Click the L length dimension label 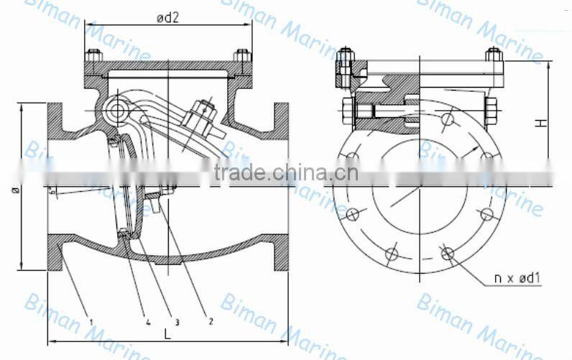[x=167, y=334]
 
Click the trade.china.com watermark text [x=287, y=172]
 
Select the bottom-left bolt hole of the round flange [x=391, y=253]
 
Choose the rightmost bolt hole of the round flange [x=487, y=213]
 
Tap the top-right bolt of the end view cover [x=493, y=55]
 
